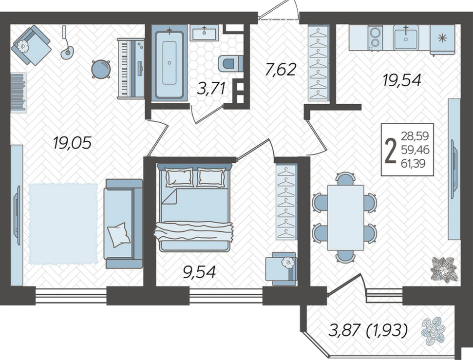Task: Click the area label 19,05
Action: coord(72,142)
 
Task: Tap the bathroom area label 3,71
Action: coord(211,89)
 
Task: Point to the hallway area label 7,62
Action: coord(280,69)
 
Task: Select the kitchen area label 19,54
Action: coord(402,80)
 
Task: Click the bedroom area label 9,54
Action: coord(199,272)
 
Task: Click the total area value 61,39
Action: coord(413,164)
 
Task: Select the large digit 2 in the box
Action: coord(391,150)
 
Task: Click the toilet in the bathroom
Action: coord(230,63)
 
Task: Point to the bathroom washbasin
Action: coord(204,33)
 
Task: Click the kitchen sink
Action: coord(406,38)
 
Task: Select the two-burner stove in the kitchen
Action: coord(375,38)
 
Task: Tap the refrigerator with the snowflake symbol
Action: coord(442,39)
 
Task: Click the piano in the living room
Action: coord(131,68)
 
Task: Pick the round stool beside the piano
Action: coord(101,69)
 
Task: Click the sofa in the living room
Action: coord(123,224)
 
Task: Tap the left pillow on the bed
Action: coord(179,177)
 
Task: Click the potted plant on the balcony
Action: coord(434,331)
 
